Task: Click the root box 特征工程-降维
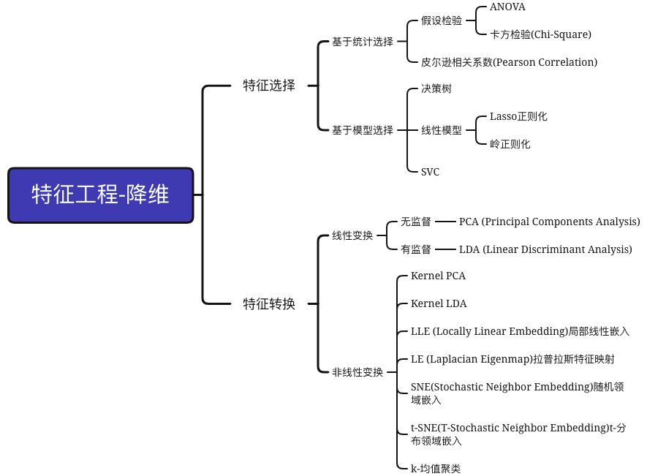coord(101,195)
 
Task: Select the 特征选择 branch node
coord(269,86)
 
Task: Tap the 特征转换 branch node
coord(269,303)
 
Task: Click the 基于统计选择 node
coord(363,42)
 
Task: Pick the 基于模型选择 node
coord(363,130)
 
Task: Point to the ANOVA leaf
coord(507,7)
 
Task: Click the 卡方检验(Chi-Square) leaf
coord(540,34)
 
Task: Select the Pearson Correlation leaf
coord(509,62)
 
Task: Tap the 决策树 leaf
coord(436,88)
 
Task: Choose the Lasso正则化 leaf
coord(518,116)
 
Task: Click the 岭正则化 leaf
coord(510,144)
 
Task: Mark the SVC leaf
coord(430,172)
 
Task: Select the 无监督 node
coord(415,222)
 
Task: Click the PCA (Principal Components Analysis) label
coord(549,222)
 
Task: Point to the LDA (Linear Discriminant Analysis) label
coord(545,249)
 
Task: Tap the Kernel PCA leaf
coord(438,276)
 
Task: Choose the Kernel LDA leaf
coord(439,303)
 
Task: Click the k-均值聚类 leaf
coord(436,469)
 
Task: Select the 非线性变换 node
coord(357,372)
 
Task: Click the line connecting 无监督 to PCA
coord(445,222)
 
